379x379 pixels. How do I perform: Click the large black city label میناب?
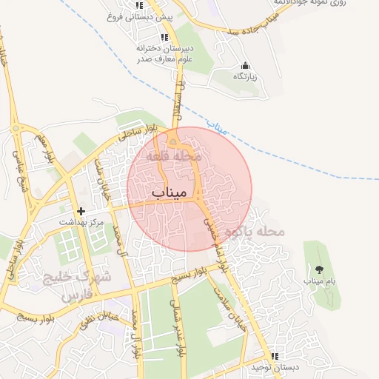click(x=167, y=192)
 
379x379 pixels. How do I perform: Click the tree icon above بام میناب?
click(x=320, y=269)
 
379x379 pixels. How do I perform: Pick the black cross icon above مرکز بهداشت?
click(x=81, y=211)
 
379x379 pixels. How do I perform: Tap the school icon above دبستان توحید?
click(x=274, y=356)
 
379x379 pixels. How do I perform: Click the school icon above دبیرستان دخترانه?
click(x=164, y=37)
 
